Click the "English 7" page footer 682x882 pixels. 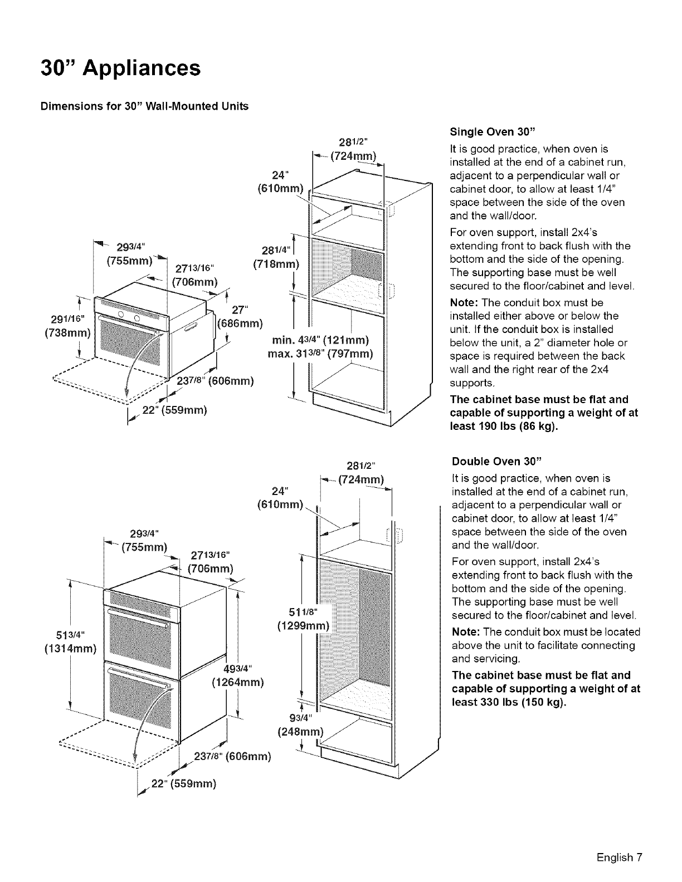pyautogui.click(x=617, y=857)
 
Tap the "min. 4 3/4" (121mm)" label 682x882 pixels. pyautogui.click(x=321, y=341)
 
